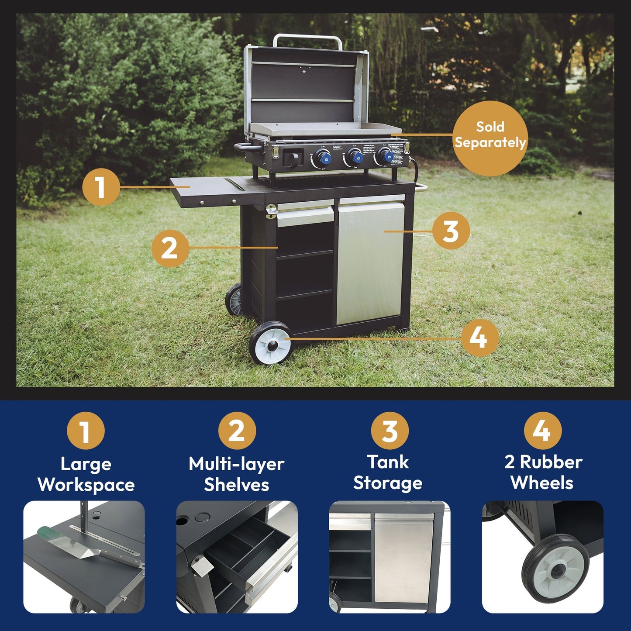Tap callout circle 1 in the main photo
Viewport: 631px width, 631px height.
pyautogui.click(x=101, y=187)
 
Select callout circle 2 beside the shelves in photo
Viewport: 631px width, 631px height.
pyautogui.click(x=170, y=248)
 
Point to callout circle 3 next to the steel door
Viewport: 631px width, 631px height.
pyautogui.click(x=451, y=231)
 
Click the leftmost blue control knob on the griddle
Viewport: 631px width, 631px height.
pyautogui.click(x=323, y=157)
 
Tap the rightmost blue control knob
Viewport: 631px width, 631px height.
pyautogui.click(x=385, y=155)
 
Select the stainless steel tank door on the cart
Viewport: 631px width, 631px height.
pyautogui.click(x=371, y=262)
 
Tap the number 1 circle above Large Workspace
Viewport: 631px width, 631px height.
pyautogui.click(x=86, y=431)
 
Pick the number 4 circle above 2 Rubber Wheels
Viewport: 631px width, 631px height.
pyautogui.click(x=542, y=431)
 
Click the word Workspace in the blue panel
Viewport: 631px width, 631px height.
pyautogui.click(x=86, y=485)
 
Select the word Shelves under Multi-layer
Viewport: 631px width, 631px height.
pyautogui.click(x=237, y=485)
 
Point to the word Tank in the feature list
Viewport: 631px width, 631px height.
pyautogui.click(x=388, y=462)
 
